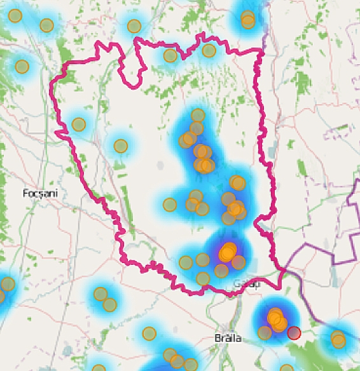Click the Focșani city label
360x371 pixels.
point(36,192)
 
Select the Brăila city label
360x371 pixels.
point(228,338)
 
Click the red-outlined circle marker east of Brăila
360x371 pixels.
point(293,333)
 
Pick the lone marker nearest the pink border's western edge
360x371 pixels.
point(78,125)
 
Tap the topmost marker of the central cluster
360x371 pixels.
point(198,116)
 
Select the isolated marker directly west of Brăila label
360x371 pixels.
point(149,333)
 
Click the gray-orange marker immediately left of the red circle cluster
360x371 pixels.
point(265,332)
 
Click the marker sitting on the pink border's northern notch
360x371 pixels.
point(170,55)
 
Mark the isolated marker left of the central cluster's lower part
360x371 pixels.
point(169,205)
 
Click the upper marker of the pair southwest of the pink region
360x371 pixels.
point(100,294)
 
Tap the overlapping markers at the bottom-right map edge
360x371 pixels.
point(338,339)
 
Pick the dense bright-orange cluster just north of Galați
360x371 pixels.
point(227,252)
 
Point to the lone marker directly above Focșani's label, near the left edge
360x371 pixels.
point(22,66)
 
